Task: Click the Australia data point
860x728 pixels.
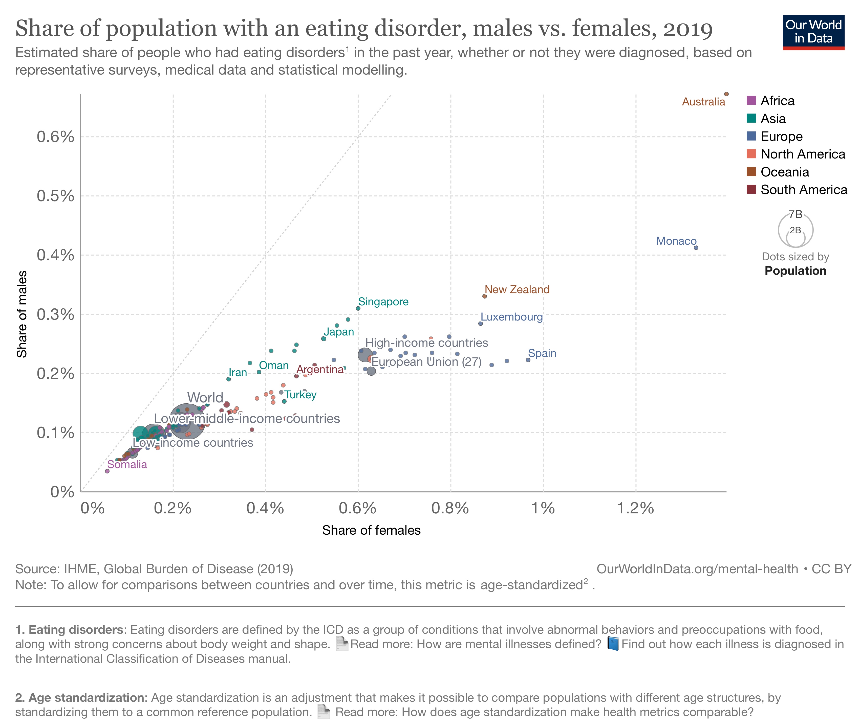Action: tap(726, 94)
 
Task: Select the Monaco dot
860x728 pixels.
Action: tap(696, 248)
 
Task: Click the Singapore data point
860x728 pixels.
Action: tap(358, 308)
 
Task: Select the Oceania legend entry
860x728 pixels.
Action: tap(784, 172)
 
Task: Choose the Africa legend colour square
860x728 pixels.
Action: tap(751, 100)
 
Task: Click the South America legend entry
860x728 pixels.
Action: tap(803, 189)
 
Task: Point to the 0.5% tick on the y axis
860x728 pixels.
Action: tap(55, 196)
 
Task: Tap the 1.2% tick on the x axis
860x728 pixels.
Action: tap(635, 508)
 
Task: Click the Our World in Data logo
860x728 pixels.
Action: tap(813, 32)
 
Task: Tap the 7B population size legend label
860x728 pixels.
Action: tap(795, 214)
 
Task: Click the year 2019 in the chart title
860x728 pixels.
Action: tap(688, 29)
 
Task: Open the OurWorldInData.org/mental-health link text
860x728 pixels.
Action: tap(697, 569)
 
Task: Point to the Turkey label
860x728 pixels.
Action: tap(300, 395)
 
